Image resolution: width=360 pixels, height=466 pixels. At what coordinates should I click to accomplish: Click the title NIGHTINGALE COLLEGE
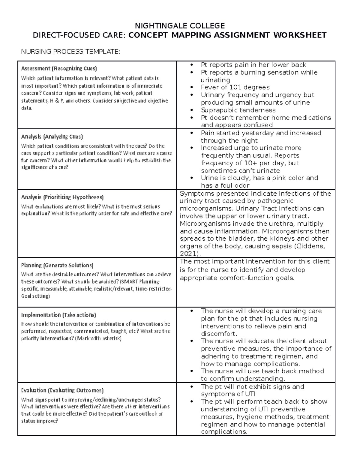(180, 26)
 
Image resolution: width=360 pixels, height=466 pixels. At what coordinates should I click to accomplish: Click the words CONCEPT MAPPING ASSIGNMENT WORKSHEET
(227, 35)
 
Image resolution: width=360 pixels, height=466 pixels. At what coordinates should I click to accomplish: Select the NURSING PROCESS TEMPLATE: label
(70, 52)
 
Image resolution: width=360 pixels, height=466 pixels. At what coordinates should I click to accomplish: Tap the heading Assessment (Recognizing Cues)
(59, 68)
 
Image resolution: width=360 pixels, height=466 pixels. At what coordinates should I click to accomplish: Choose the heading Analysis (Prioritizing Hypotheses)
(62, 197)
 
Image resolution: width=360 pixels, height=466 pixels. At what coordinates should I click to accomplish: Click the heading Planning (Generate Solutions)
(57, 265)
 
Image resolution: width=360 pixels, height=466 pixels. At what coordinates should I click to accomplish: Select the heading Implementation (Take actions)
(58, 315)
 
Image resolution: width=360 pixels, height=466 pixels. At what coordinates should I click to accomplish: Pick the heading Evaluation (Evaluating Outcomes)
(62, 390)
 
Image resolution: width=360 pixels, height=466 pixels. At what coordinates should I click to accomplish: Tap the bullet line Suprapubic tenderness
(238, 110)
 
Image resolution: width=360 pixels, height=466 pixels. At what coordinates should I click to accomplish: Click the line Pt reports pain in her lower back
(253, 65)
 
